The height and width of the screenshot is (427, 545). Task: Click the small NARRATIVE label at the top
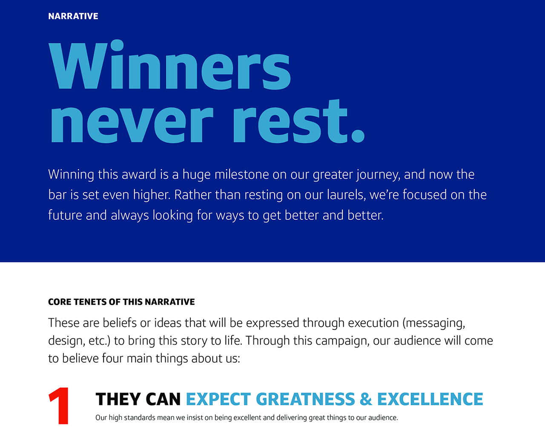[73, 16]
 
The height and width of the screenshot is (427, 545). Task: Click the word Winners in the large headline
[169, 65]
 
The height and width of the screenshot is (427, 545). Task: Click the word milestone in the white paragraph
[241, 174]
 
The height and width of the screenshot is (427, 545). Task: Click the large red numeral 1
[59, 406]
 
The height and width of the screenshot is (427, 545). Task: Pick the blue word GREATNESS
[305, 399]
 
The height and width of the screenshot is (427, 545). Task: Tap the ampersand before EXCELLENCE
[366, 399]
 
